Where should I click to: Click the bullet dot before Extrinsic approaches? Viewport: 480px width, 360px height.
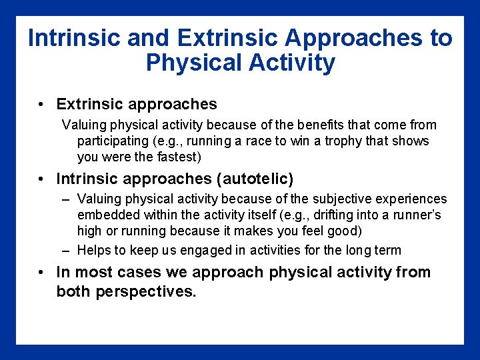(41, 105)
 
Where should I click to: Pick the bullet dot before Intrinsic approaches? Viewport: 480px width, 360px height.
(41, 179)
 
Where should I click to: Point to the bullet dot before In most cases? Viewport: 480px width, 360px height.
(41, 273)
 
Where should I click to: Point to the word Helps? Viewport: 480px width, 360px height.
(94, 251)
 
